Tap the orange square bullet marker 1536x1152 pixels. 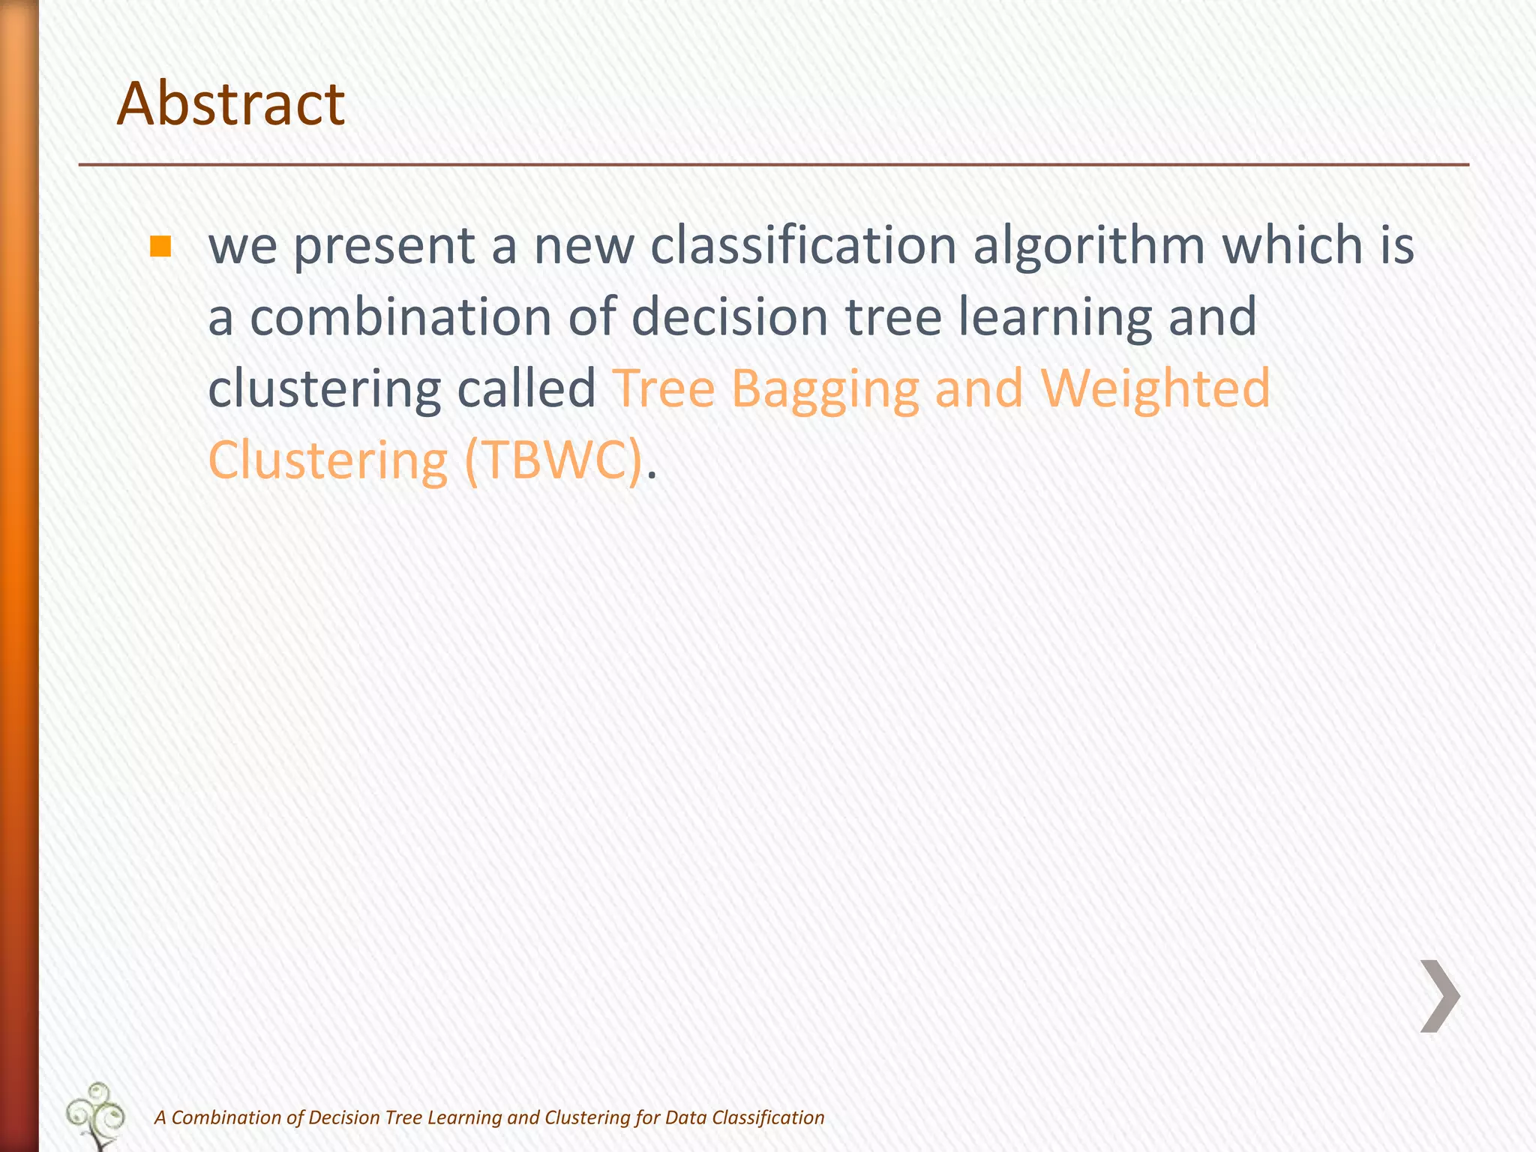point(160,246)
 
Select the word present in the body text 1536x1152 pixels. point(383,246)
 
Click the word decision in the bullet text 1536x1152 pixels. point(730,316)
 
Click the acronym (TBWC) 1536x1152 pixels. point(553,460)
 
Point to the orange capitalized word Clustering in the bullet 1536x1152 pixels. point(328,460)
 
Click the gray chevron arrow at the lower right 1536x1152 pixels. point(1440,996)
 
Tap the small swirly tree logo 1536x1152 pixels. point(96,1116)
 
